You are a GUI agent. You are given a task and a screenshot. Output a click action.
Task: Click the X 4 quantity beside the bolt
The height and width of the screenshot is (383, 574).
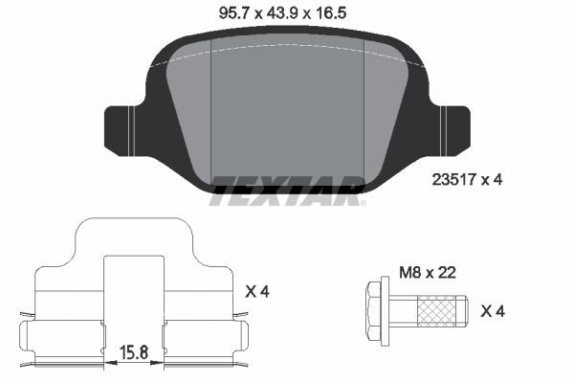point(492,310)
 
